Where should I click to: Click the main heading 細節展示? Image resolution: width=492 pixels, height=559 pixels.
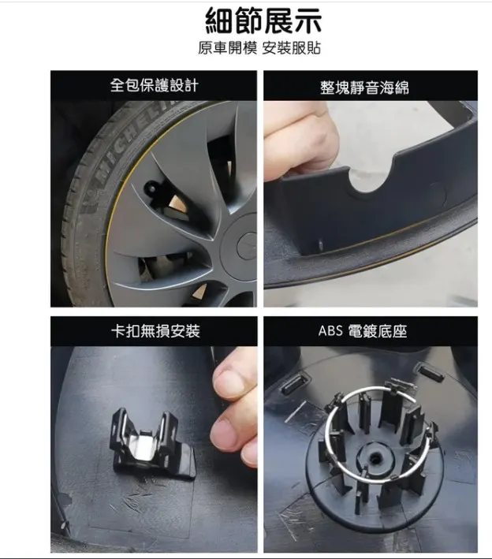(263, 20)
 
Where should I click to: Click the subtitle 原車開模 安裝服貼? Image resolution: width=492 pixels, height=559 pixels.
(259, 48)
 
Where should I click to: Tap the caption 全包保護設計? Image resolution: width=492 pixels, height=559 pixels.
(154, 86)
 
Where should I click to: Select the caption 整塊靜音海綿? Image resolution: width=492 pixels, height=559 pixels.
(364, 88)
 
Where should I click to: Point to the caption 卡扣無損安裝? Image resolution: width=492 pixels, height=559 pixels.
(155, 331)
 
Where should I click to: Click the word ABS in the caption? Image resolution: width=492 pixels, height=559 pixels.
(330, 331)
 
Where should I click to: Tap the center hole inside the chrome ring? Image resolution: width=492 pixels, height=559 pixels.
(375, 457)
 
